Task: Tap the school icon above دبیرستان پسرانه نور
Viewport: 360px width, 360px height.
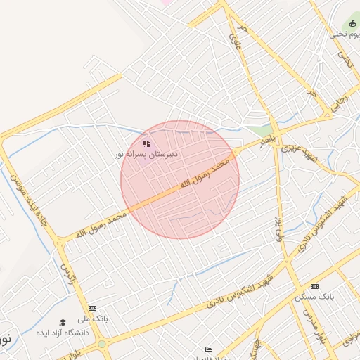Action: tap(146, 143)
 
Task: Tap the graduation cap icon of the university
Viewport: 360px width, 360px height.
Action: tap(63, 322)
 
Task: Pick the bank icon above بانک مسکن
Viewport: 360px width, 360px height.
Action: tap(314, 286)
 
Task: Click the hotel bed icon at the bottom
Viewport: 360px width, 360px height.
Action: tap(207, 349)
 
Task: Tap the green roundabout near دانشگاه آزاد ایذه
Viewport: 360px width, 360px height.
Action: tap(102, 345)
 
